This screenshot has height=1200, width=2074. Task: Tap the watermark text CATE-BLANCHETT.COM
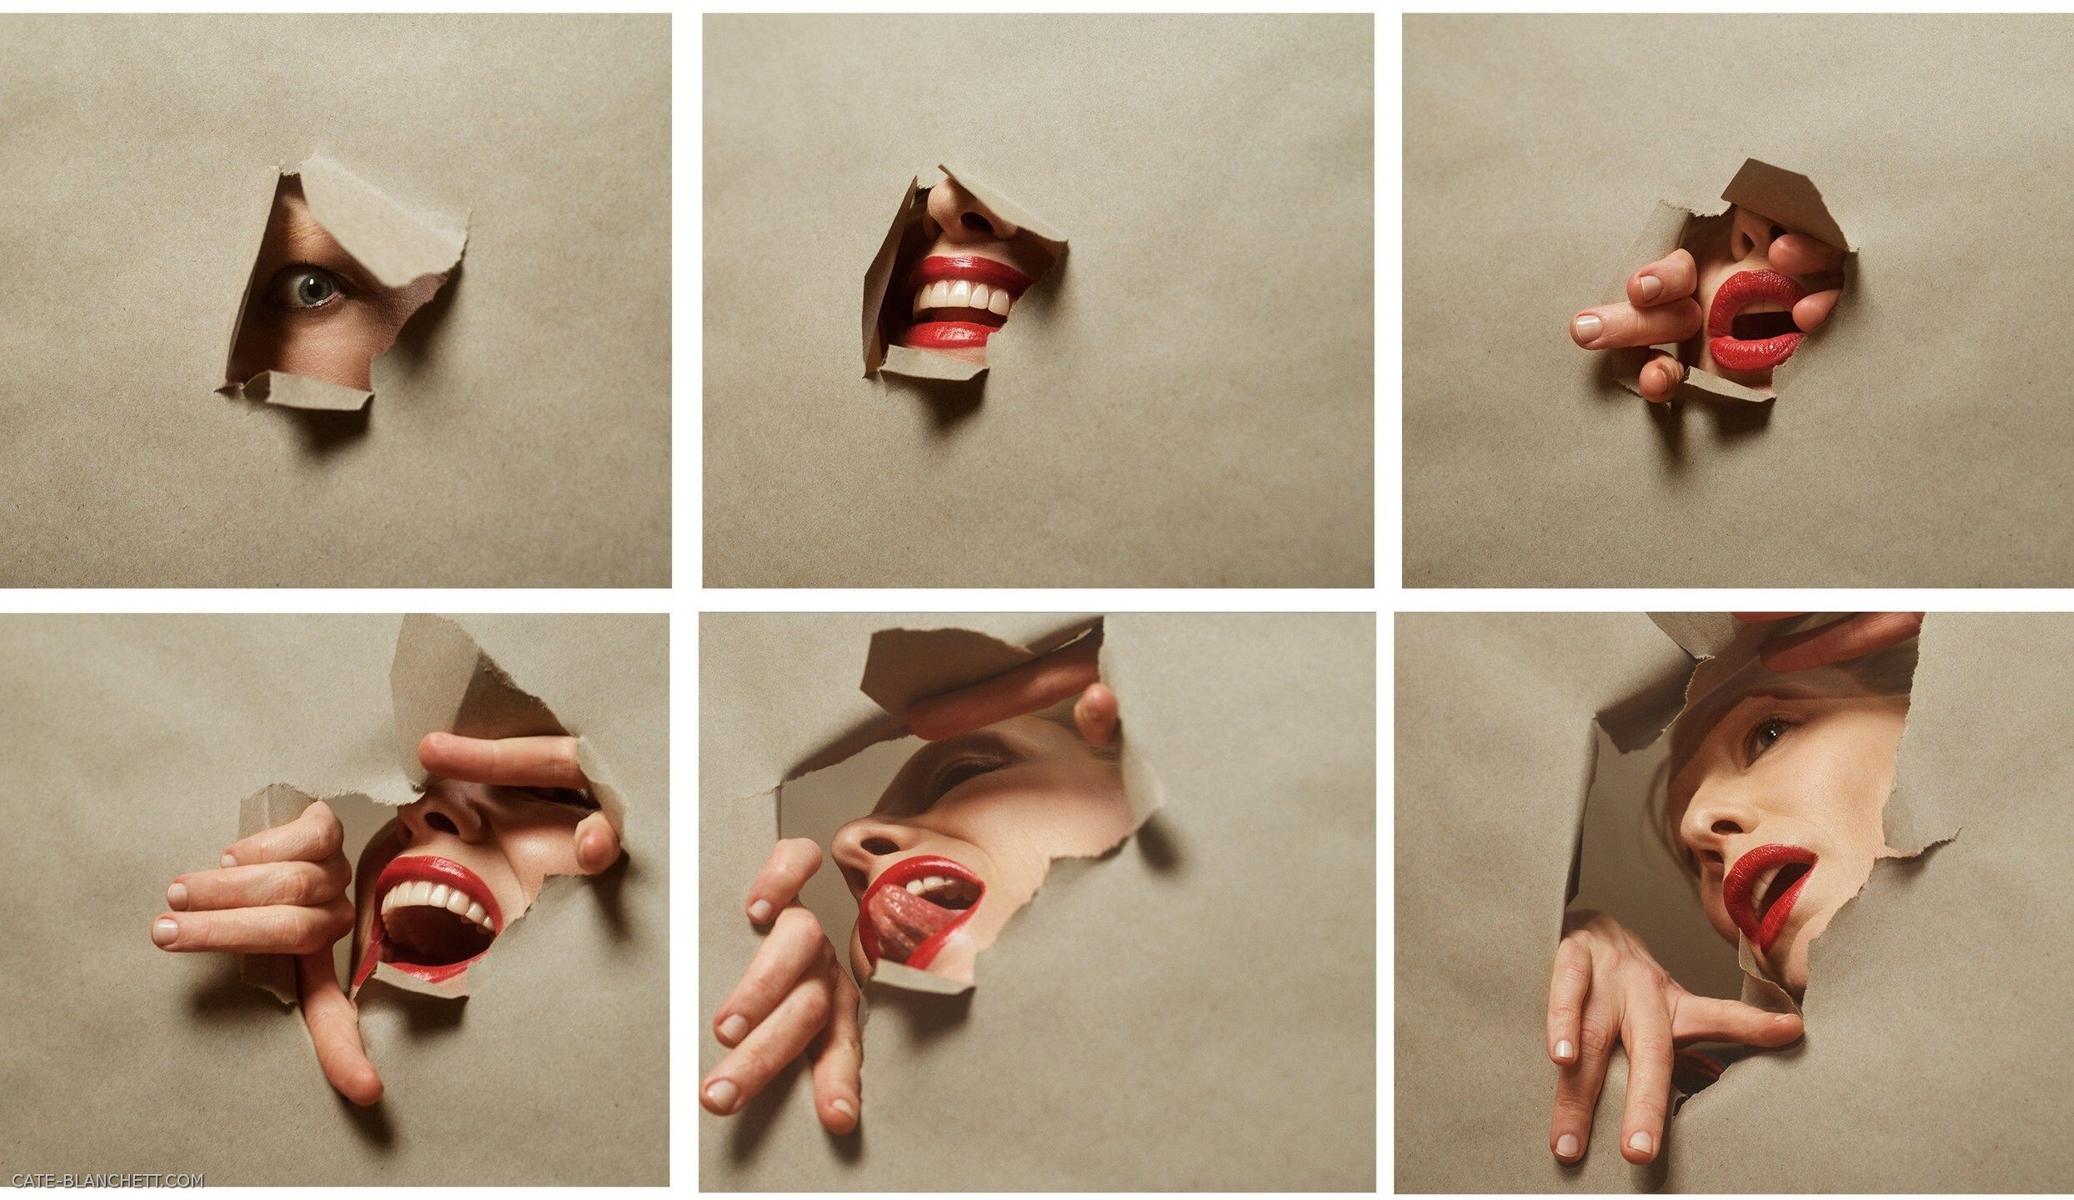click(108, 1180)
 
